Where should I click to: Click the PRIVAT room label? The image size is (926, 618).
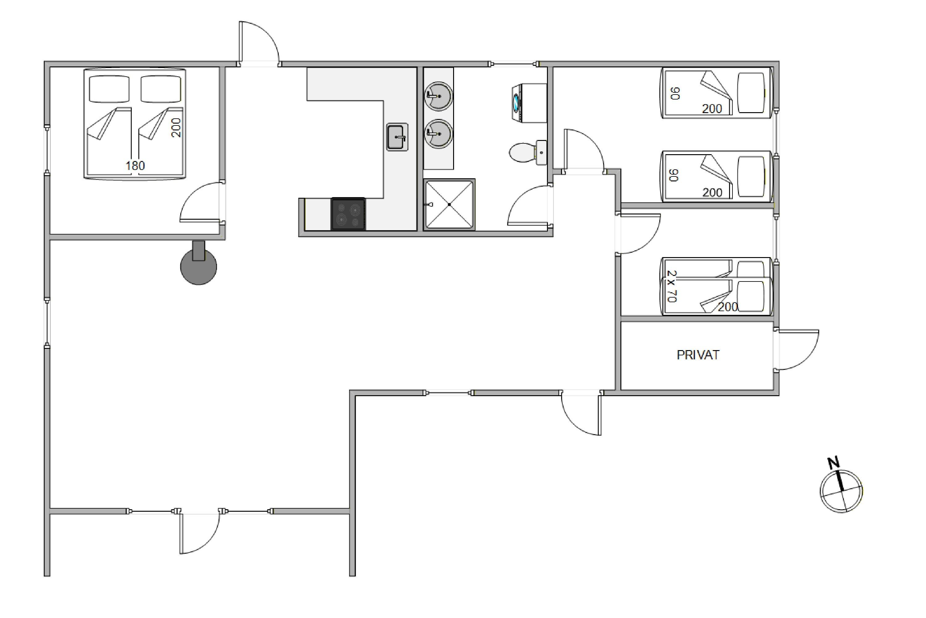click(698, 355)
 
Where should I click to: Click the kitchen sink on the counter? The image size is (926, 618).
click(397, 137)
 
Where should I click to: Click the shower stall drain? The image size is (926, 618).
click(449, 205)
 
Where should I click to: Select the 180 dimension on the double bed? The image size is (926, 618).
click(135, 166)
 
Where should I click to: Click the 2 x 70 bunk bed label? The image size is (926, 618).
click(672, 286)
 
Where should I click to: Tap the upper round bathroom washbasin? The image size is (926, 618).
click(438, 96)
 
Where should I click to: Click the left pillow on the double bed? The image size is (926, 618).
click(109, 89)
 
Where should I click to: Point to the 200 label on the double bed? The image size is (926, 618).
click(176, 128)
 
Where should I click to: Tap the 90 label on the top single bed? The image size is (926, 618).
click(675, 93)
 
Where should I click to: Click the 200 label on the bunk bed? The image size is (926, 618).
click(728, 307)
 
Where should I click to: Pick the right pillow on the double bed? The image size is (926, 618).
click(161, 89)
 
